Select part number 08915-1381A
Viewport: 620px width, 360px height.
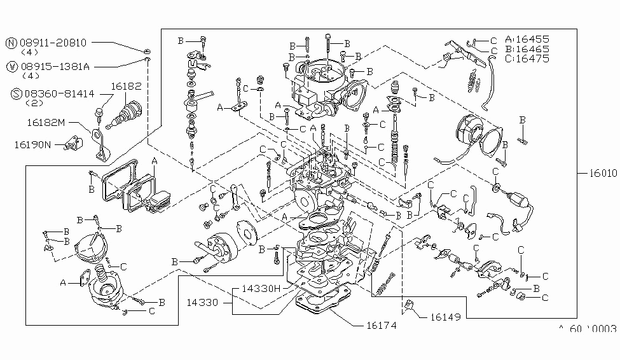(x=56, y=66)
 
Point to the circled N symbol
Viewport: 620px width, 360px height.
(x=11, y=43)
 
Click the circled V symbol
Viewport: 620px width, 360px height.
(x=11, y=66)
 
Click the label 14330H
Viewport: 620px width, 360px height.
(x=260, y=289)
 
